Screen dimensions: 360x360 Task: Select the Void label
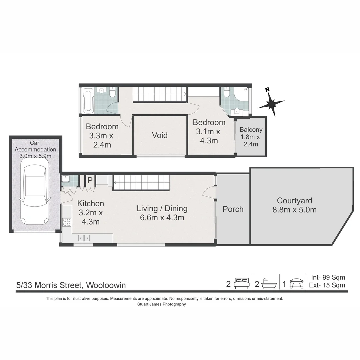pyautogui.click(x=160, y=135)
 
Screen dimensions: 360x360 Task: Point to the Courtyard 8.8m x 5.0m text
pyautogui.click(x=295, y=205)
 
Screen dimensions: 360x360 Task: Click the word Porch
pyautogui.click(x=233, y=209)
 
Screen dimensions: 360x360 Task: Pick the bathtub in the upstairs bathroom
pyautogui.click(x=88, y=100)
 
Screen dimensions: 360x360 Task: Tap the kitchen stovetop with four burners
pyautogui.click(x=67, y=222)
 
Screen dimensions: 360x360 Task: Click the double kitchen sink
pyautogui.click(x=84, y=238)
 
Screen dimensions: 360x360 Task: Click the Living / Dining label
pyautogui.click(x=162, y=213)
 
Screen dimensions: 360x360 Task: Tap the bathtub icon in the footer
pyautogui.click(x=269, y=284)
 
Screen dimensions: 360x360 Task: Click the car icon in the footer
pyautogui.click(x=296, y=284)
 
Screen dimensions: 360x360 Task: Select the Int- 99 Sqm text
pyautogui.click(x=328, y=277)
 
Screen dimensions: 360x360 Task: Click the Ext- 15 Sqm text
pyautogui.click(x=328, y=285)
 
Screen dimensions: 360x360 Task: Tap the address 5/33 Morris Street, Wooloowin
pyautogui.click(x=71, y=285)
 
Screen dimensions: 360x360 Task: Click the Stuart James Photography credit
pyautogui.click(x=161, y=304)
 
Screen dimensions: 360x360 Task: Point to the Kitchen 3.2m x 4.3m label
pyautogui.click(x=90, y=212)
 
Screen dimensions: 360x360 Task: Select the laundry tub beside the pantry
pyautogui.click(x=66, y=180)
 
